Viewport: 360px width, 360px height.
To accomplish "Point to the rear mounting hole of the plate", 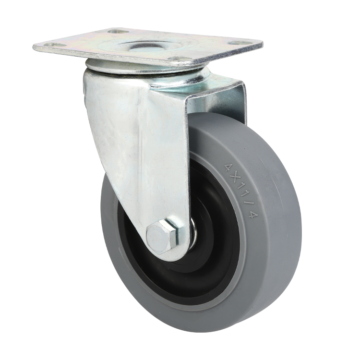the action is point(118,31).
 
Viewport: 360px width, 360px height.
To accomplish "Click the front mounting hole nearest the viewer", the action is point(180,59).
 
